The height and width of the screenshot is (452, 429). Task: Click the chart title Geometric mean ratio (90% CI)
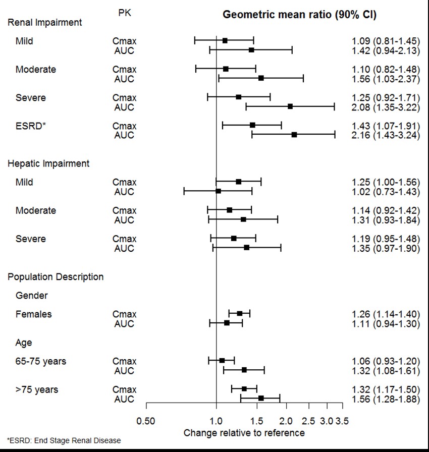click(299, 15)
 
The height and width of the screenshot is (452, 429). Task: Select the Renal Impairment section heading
click(45, 22)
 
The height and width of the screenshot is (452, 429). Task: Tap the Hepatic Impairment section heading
click(48, 163)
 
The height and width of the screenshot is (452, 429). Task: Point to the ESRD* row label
click(31, 126)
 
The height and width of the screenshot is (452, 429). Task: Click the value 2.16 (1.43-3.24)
click(386, 135)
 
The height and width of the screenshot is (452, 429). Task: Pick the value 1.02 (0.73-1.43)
click(386, 192)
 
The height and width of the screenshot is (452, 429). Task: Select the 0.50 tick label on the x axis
click(146, 421)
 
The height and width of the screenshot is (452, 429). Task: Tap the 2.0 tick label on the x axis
click(287, 421)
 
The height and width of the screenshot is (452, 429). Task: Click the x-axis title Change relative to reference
click(244, 433)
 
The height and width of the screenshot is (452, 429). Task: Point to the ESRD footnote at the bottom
click(64, 440)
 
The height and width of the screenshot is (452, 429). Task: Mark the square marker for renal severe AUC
click(290, 106)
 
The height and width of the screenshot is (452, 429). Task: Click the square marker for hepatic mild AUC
click(218, 191)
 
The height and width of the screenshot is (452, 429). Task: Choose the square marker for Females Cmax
click(240, 314)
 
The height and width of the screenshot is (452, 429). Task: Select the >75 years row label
click(36, 389)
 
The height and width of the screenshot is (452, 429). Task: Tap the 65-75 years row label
click(40, 361)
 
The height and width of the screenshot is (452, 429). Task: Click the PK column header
click(124, 13)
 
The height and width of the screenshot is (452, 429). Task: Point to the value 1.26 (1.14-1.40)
click(386, 314)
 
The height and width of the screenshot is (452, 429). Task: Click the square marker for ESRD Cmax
click(252, 125)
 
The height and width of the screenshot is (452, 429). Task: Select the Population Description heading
click(56, 277)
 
